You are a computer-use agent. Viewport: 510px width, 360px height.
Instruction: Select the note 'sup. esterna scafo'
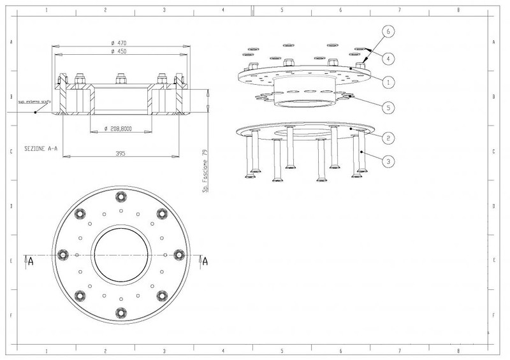click(x=33, y=101)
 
